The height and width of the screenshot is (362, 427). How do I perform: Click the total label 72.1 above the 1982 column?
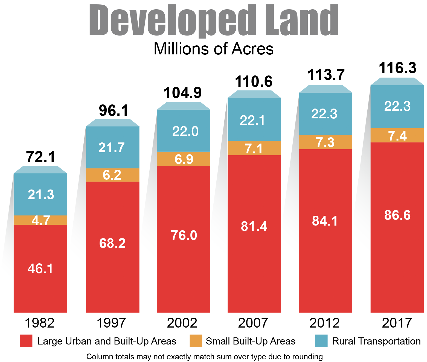pos(40,157)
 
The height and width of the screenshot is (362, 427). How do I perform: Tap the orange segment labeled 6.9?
pos(184,159)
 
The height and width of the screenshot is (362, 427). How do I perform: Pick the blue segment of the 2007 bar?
pos(254,120)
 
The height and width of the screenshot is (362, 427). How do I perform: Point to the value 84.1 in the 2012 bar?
pos(325,221)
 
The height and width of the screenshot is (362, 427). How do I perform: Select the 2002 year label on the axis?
pos(182,323)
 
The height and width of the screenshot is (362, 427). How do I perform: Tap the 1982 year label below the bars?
pos(40,323)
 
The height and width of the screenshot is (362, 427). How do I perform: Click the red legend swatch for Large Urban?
pos(26,341)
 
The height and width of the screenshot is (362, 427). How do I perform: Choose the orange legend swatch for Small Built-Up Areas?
pos(196,341)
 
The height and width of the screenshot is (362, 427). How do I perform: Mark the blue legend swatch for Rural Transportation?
pos(321,341)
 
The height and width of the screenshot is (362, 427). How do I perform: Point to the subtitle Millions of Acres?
pos(213,49)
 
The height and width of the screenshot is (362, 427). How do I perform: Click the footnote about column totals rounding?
pos(204,357)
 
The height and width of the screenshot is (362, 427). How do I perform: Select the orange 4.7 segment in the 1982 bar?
pos(40,220)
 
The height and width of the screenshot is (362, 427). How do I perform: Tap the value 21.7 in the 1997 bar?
pos(112,148)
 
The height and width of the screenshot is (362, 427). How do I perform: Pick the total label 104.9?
pos(182,93)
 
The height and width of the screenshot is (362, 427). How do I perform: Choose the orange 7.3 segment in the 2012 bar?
pos(325,142)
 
